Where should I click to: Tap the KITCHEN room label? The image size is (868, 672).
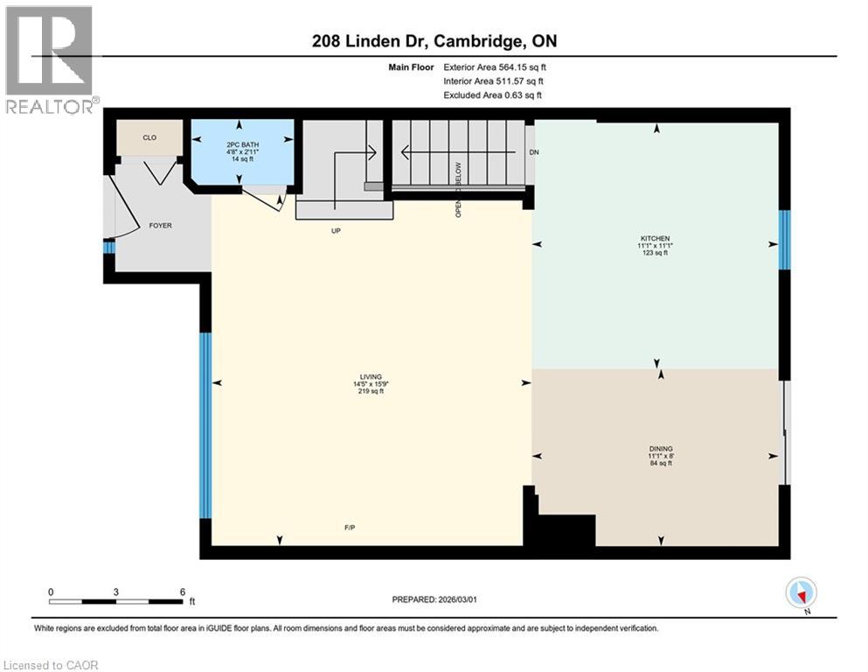click(655, 239)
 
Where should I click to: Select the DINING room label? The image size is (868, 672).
click(661, 448)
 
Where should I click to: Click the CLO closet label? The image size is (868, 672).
click(149, 137)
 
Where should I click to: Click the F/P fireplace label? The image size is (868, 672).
click(350, 527)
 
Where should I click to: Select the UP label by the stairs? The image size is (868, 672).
click(335, 231)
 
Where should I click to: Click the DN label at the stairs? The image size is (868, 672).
click(535, 152)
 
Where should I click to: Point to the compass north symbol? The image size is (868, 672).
click(801, 593)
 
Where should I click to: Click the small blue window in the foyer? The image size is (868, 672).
click(108, 248)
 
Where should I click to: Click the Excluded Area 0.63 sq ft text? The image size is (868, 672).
click(493, 94)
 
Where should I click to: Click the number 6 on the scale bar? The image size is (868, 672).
click(183, 591)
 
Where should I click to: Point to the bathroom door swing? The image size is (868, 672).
click(265, 202)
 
